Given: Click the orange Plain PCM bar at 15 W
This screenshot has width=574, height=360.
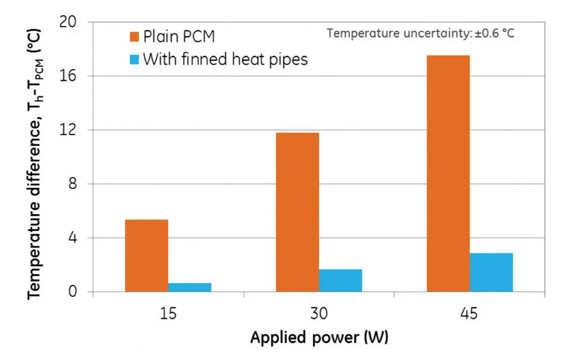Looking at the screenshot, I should [146, 256].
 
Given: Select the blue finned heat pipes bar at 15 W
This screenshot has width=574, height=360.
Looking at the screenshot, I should [189, 287].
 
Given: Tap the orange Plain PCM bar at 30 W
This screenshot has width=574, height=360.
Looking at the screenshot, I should [297, 212].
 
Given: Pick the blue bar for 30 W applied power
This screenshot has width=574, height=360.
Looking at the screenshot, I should [340, 280].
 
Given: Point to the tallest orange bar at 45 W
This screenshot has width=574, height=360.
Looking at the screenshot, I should [448, 174].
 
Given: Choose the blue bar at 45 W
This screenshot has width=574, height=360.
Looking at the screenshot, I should [491, 273].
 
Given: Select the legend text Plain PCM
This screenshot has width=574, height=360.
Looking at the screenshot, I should [179, 37].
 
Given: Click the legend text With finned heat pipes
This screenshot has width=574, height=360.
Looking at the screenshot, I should [225, 59].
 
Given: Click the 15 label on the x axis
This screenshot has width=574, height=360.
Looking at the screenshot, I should [168, 313].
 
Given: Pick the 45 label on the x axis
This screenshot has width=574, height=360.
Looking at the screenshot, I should [470, 313].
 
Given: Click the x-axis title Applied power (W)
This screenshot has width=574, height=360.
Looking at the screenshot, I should [319, 338].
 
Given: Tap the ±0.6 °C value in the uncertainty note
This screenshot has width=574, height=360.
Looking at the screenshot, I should [494, 33].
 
